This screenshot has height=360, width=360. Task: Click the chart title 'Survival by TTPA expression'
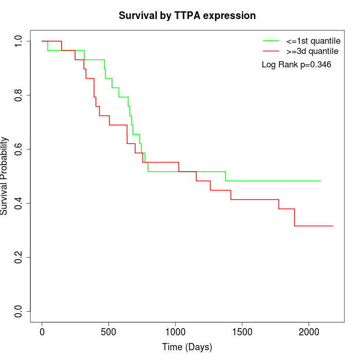click(x=187, y=16)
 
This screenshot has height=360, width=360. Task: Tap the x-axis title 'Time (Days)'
click(x=187, y=347)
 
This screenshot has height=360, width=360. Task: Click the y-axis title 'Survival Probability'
click(x=5, y=176)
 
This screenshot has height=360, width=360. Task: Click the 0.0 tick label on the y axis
click(x=19, y=311)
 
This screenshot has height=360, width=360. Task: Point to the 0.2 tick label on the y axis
click(x=19, y=257)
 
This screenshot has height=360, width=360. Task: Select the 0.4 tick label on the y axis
click(x=19, y=203)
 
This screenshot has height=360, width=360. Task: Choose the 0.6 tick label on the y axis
click(x=19, y=149)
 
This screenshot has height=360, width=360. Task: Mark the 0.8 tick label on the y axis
click(x=19, y=95)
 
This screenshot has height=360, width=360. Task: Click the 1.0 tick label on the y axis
click(x=19, y=41)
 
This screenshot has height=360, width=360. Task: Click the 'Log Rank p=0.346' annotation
click(x=296, y=65)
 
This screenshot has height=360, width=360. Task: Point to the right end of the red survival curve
click(x=333, y=226)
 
